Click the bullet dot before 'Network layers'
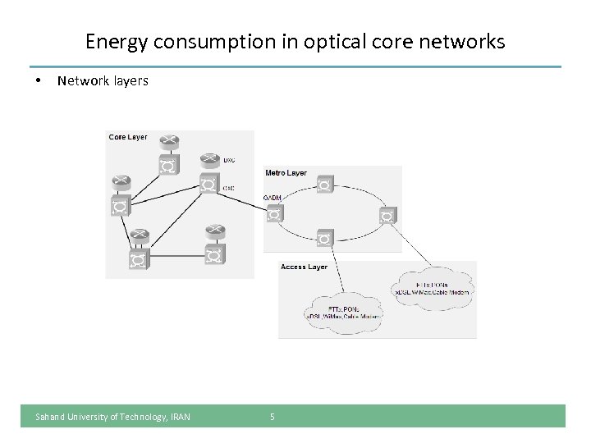[x=38, y=81]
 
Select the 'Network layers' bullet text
[x=103, y=81]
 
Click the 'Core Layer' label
[x=128, y=137]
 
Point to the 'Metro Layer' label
[x=286, y=173]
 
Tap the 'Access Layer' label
[x=304, y=267]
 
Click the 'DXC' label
[x=230, y=159]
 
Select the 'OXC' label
[x=229, y=189]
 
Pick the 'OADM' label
[x=272, y=199]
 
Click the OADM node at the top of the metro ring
[x=325, y=185]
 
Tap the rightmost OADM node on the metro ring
[x=387, y=215]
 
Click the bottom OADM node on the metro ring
[x=325, y=239]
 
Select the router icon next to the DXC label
[x=208, y=159]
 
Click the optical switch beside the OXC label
[x=208, y=185]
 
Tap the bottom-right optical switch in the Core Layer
[x=214, y=257]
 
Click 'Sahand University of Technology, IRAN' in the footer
[x=112, y=417]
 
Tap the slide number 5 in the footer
[x=273, y=417]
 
